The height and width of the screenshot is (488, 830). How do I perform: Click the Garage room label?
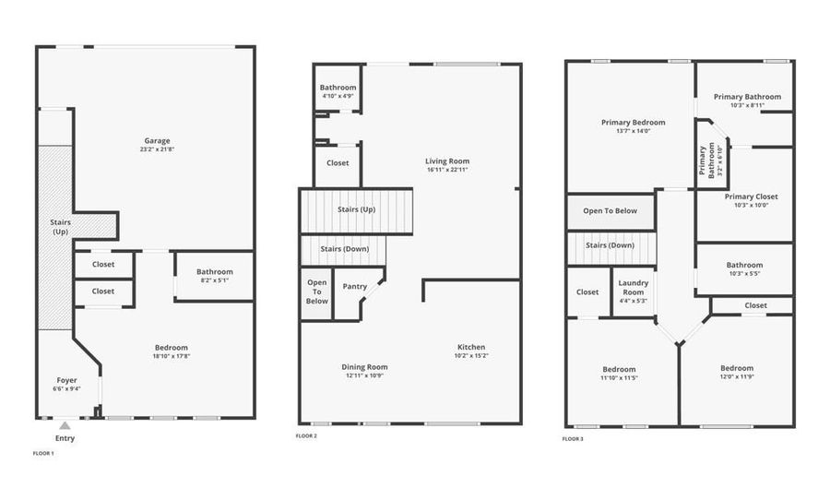156,141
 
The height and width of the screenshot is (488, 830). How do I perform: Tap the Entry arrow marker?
65,426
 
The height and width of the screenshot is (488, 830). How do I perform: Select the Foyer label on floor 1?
66,380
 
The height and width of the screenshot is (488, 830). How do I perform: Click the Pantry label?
354,287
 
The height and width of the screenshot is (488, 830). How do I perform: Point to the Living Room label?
448,161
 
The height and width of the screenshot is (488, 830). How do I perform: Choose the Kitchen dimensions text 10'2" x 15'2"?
471,356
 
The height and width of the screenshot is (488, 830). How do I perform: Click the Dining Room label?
364,367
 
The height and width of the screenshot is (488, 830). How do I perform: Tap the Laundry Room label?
634,287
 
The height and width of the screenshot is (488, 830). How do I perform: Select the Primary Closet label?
751,196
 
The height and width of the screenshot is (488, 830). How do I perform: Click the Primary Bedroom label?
633,122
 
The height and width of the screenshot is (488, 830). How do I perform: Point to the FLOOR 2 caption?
306,435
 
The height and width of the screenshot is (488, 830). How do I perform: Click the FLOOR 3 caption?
573,439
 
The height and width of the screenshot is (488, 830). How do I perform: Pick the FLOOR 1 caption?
43,454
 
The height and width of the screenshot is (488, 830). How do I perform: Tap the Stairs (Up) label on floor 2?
356,210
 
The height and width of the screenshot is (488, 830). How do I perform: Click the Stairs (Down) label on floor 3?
610,245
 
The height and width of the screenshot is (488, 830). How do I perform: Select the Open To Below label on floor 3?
610,211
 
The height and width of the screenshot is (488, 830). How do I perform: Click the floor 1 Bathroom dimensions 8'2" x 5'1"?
214,280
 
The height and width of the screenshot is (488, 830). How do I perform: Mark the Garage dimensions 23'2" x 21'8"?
156,149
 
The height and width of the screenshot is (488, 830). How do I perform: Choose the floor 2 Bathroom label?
338,88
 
